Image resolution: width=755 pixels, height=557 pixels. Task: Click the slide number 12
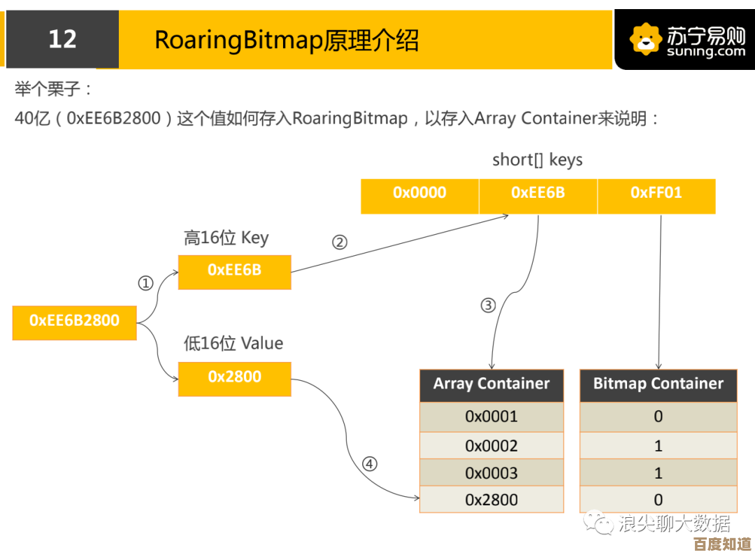click(x=62, y=39)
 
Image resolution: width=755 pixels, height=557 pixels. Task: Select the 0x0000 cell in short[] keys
click(x=419, y=194)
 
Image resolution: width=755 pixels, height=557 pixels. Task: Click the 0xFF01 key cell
click(x=656, y=194)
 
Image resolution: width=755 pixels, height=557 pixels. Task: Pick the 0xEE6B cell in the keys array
click(x=538, y=194)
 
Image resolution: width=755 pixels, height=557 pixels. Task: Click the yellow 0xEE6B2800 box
click(x=74, y=321)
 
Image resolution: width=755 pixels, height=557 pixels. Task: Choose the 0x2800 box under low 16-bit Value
click(x=234, y=377)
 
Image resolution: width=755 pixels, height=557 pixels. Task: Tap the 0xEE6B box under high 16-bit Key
click(x=234, y=270)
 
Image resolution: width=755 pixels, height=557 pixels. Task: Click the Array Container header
click(x=491, y=384)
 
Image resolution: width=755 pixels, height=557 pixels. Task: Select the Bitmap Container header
click(x=658, y=384)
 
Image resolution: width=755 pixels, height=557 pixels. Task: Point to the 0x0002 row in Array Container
click(x=491, y=446)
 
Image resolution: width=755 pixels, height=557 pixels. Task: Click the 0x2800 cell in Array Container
click(x=491, y=500)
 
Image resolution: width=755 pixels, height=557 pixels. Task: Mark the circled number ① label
click(x=145, y=284)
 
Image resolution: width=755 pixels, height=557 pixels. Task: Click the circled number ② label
click(x=339, y=243)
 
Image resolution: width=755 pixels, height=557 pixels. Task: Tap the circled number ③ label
click(x=488, y=305)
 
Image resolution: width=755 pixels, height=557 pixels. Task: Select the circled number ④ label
click(x=369, y=464)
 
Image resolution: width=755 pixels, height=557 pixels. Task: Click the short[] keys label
click(x=537, y=160)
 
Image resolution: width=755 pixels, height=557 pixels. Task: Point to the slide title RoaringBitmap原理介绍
click(x=287, y=41)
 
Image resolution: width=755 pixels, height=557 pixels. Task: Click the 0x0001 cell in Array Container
click(x=491, y=417)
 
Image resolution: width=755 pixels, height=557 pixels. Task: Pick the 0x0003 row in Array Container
click(x=491, y=473)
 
